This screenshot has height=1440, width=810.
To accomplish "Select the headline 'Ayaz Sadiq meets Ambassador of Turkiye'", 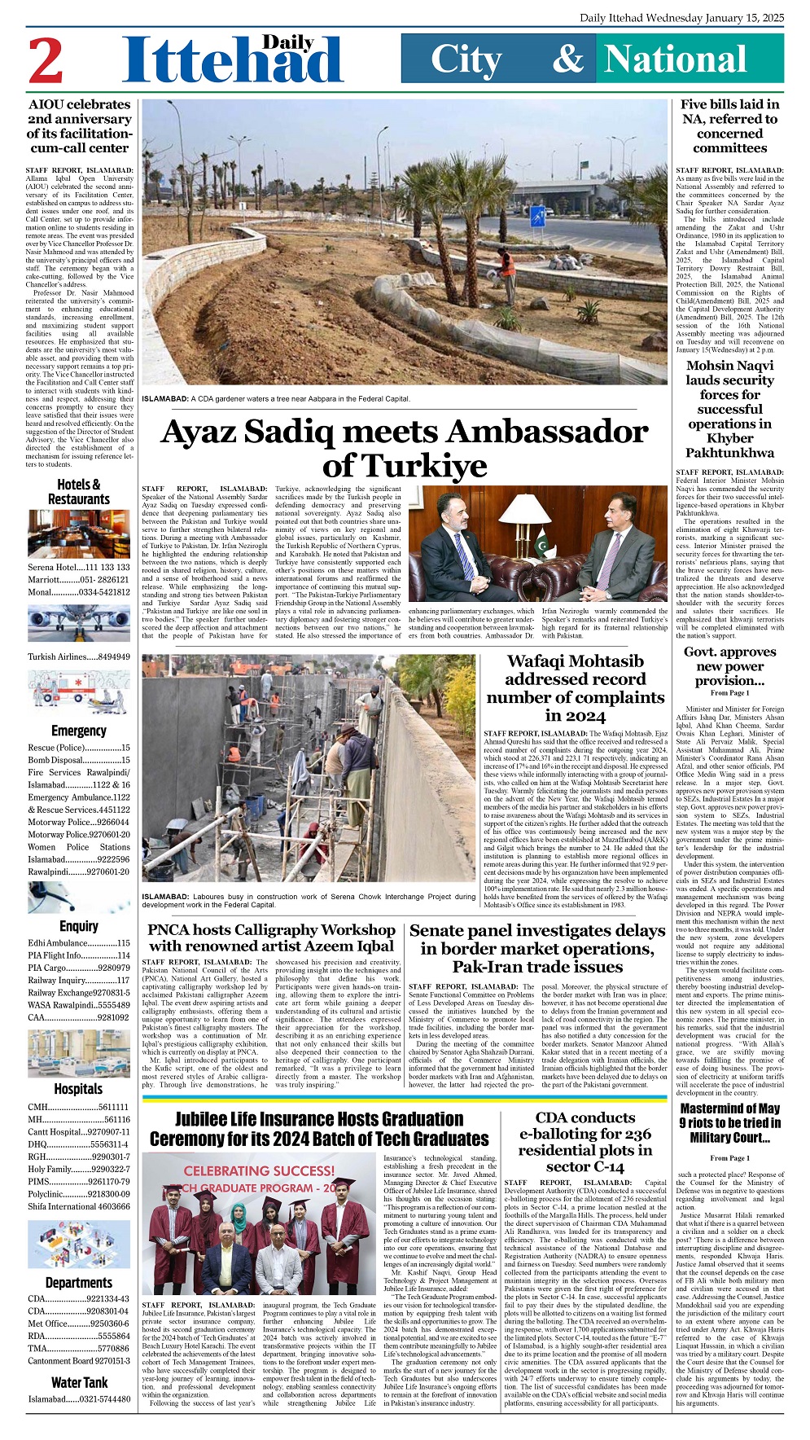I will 405,448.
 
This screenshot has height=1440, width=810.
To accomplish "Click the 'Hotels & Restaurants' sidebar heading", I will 79,492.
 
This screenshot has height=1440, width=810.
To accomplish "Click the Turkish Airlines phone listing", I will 79,656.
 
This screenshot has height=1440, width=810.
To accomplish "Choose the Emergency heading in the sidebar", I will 79,731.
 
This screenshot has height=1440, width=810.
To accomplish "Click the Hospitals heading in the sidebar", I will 79,1088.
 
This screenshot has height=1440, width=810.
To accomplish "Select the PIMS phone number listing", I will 79,1181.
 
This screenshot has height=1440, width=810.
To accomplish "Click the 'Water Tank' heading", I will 79,1381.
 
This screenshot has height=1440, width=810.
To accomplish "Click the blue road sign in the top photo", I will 537,216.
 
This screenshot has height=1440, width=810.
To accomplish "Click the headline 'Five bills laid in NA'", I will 729,126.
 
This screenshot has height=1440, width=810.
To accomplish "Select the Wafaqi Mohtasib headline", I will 575,687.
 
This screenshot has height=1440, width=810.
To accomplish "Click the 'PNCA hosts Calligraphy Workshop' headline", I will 272,937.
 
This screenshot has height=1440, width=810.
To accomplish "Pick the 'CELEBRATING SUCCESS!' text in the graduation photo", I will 259,1170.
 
